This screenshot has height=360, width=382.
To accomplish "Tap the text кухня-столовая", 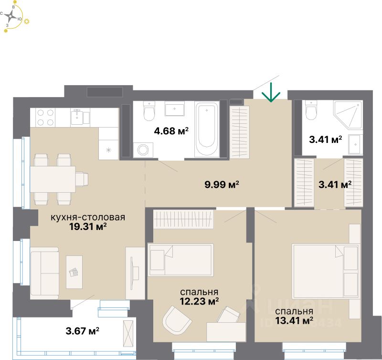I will (88, 218).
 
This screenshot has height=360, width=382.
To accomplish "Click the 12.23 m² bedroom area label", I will (199, 301).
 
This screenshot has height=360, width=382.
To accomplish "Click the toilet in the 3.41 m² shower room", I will (310, 111).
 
